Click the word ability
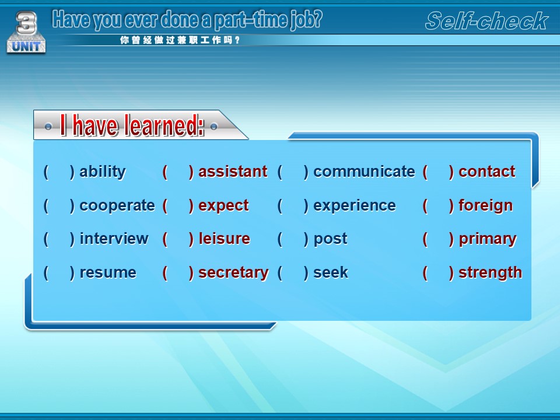point(103,172)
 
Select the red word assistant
point(233,171)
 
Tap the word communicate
point(364,171)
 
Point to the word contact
point(487,171)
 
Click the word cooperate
point(117,206)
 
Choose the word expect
point(223,206)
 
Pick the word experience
point(354,206)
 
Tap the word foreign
point(486,206)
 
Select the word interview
point(114,239)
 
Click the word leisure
point(224,239)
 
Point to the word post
point(330,239)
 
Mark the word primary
point(488,239)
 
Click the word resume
point(108,273)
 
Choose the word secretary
point(233,273)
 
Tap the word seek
point(330,272)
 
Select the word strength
point(491,273)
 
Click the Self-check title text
point(487,21)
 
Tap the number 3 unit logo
point(26,32)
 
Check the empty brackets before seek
point(293,273)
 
